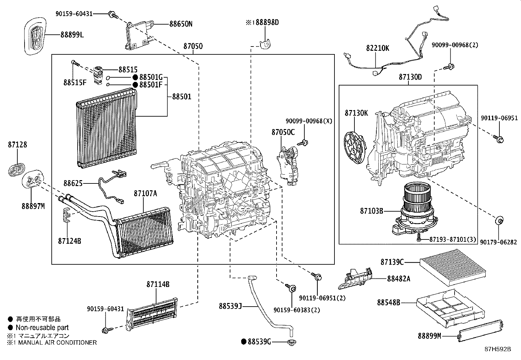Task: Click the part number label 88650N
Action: [x=181, y=24]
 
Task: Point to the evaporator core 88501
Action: [x=106, y=128]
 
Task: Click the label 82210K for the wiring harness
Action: [x=377, y=48]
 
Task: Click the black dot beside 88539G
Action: [x=243, y=342]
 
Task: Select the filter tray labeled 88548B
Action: [x=448, y=306]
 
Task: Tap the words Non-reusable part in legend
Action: [x=42, y=327]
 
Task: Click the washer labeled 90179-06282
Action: [x=499, y=220]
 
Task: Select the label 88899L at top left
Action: [x=72, y=35]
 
